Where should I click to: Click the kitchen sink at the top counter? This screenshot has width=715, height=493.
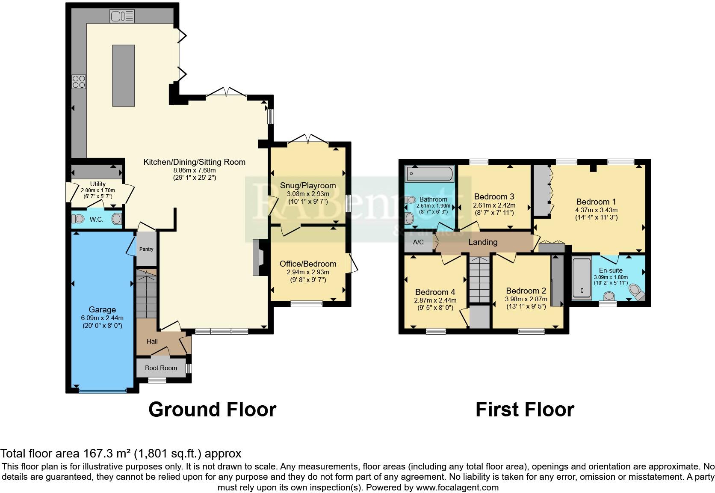pos(122,16)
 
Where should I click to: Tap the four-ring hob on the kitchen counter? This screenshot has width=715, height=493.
pos(79,81)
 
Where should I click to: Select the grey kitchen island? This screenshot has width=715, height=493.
pos(123,75)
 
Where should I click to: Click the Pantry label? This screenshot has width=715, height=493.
pos(146,249)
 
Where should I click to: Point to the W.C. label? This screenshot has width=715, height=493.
pos(96,220)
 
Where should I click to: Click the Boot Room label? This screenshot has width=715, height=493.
pos(161,368)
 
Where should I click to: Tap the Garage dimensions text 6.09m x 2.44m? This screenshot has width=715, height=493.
pos(102,318)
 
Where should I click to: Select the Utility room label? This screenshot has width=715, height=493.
pos(98,184)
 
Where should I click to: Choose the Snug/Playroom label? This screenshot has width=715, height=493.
pos(308,185)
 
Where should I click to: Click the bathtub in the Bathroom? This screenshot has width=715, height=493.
pos(429,174)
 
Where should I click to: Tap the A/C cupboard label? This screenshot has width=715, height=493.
pos(418,242)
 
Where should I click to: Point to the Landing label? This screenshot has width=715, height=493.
pos(483,242)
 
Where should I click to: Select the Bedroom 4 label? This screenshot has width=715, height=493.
pos(431,292)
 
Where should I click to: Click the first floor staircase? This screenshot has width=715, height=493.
pos(479,279)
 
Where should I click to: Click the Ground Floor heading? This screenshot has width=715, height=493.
pos(212,410)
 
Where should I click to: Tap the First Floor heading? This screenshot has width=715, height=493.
pos(525,410)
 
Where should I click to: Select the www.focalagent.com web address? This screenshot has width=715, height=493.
pos(457,487)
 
